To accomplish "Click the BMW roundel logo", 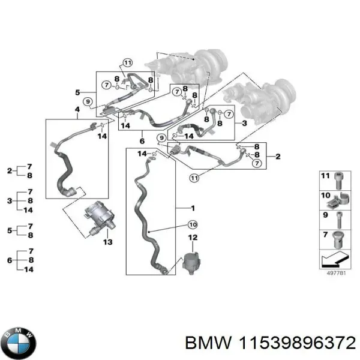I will coord(18,343).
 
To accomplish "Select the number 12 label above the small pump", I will coord(192,238).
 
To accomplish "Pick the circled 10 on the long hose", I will coord(192,225).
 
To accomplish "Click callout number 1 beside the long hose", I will coord(192,208).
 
